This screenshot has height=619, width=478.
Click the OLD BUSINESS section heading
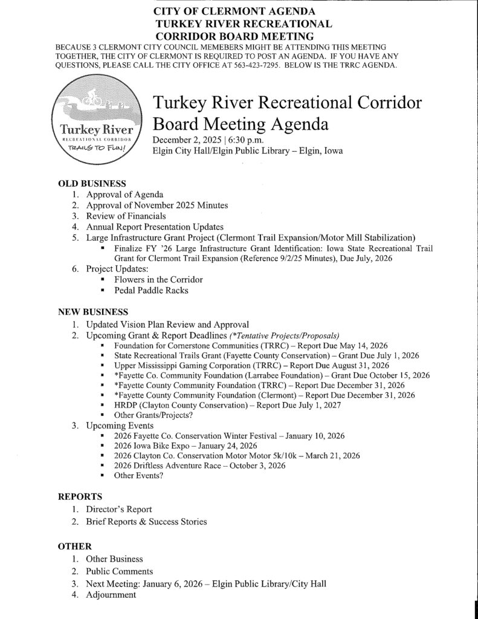[91, 183]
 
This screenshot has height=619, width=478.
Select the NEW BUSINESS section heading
[92, 313]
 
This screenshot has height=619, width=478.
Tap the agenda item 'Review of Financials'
[126, 216]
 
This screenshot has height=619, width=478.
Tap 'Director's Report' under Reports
[118, 510]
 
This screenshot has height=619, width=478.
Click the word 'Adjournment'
[111, 595]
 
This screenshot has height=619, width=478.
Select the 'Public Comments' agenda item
[119, 571]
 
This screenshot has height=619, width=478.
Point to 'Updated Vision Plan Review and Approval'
[167, 325]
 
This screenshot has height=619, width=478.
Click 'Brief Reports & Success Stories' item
[146, 522]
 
